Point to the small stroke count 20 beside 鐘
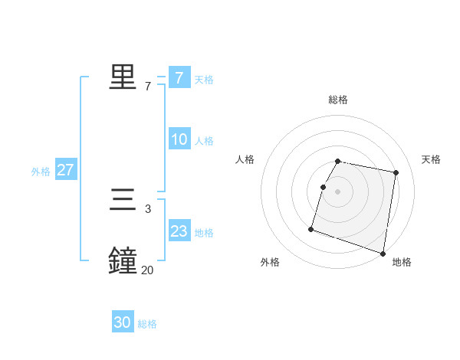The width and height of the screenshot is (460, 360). tap(147, 270)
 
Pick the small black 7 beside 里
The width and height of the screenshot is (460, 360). tap(147, 87)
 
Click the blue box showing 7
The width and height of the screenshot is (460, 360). tap(179, 77)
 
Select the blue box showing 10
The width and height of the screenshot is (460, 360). tap(179, 139)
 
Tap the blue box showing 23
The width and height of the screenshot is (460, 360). tap(179, 231)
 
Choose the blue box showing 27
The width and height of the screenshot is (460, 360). tap(65, 170)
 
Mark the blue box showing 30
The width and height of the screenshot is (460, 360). tap(123, 322)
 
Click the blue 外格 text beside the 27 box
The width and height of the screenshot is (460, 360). tap(41, 172)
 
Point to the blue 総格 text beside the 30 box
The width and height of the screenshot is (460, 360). tap(147, 324)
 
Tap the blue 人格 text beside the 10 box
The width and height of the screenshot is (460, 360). tap(204, 141)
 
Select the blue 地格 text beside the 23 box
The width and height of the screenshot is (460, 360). tap(204, 233)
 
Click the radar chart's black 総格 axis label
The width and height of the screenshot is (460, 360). tap(338, 100)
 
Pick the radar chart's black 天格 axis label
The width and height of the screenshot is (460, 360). tap(431, 159)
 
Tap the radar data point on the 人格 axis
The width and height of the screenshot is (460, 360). tap(324, 187)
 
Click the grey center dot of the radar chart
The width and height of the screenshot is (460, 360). tap(338, 191)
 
